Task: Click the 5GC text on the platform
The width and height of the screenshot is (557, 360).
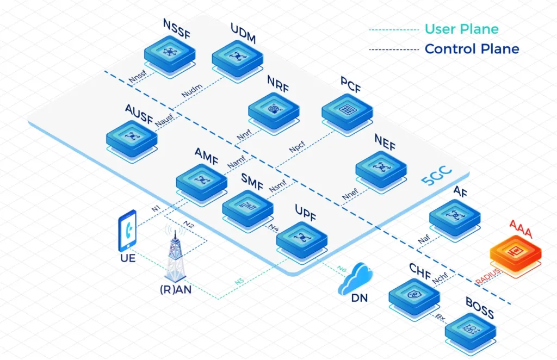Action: (439, 183)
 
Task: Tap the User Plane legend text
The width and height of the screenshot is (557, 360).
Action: (461, 29)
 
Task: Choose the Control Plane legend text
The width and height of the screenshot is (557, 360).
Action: (472, 49)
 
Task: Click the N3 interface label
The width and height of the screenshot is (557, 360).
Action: (239, 282)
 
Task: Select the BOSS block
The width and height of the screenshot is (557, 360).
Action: (471, 330)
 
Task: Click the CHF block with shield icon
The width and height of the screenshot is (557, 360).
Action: (414, 296)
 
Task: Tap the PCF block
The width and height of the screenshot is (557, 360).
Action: (347, 111)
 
